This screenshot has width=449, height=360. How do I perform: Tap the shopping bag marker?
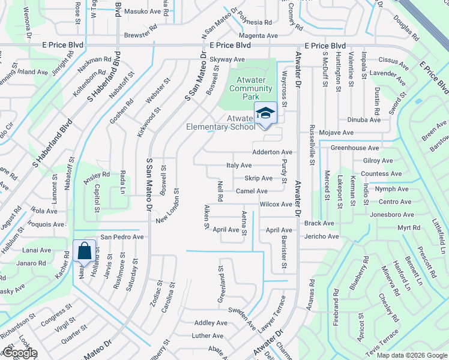click(x=85, y=251)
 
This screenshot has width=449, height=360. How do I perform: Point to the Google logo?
click(x=19, y=353)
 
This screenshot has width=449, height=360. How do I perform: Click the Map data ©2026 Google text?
click(x=411, y=355)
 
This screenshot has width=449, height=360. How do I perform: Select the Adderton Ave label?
click(x=272, y=152)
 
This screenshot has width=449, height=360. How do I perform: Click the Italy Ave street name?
click(x=238, y=165)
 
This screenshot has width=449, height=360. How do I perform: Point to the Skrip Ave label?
click(x=258, y=178)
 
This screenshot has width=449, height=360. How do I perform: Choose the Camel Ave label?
click(x=252, y=191)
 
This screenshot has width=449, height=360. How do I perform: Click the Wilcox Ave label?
click(x=276, y=205)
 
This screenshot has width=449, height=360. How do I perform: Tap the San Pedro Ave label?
click(x=122, y=237)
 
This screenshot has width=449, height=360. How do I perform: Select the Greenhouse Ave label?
click(x=355, y=148)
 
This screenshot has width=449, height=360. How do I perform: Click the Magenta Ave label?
click(x=259, y=36)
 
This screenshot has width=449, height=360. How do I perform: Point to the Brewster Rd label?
click(x=140, y=35)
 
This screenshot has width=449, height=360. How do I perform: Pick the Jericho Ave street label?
click(x=321, y=236)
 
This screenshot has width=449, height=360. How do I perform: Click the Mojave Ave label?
click(x=337, y=132)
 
